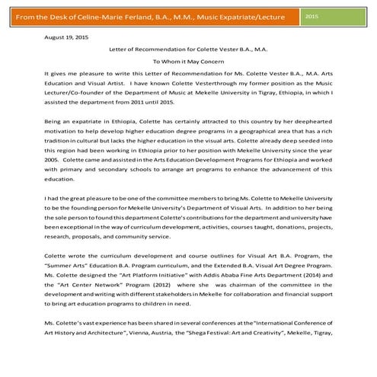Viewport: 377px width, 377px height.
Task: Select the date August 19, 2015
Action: (x=66, y=36)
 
